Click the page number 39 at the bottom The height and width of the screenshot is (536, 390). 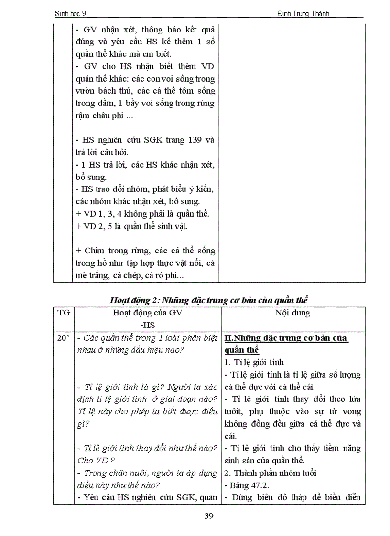pyautogui.click(x=208, y=515)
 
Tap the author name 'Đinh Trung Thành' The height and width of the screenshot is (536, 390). pyautogui.click(x=303, y=13)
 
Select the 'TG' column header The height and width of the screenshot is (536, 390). pyautogui.click(x=64, y=313)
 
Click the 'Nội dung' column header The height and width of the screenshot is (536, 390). pyautogui.click(x=292, y=313)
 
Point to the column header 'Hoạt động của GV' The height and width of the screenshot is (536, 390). pyautogui.click(x=147, y=313)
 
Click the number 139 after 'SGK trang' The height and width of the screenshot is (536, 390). pyautogui.click(x=196, y=140)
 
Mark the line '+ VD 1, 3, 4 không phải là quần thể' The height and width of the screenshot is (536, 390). pyautogui.click(x=142, y=214)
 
